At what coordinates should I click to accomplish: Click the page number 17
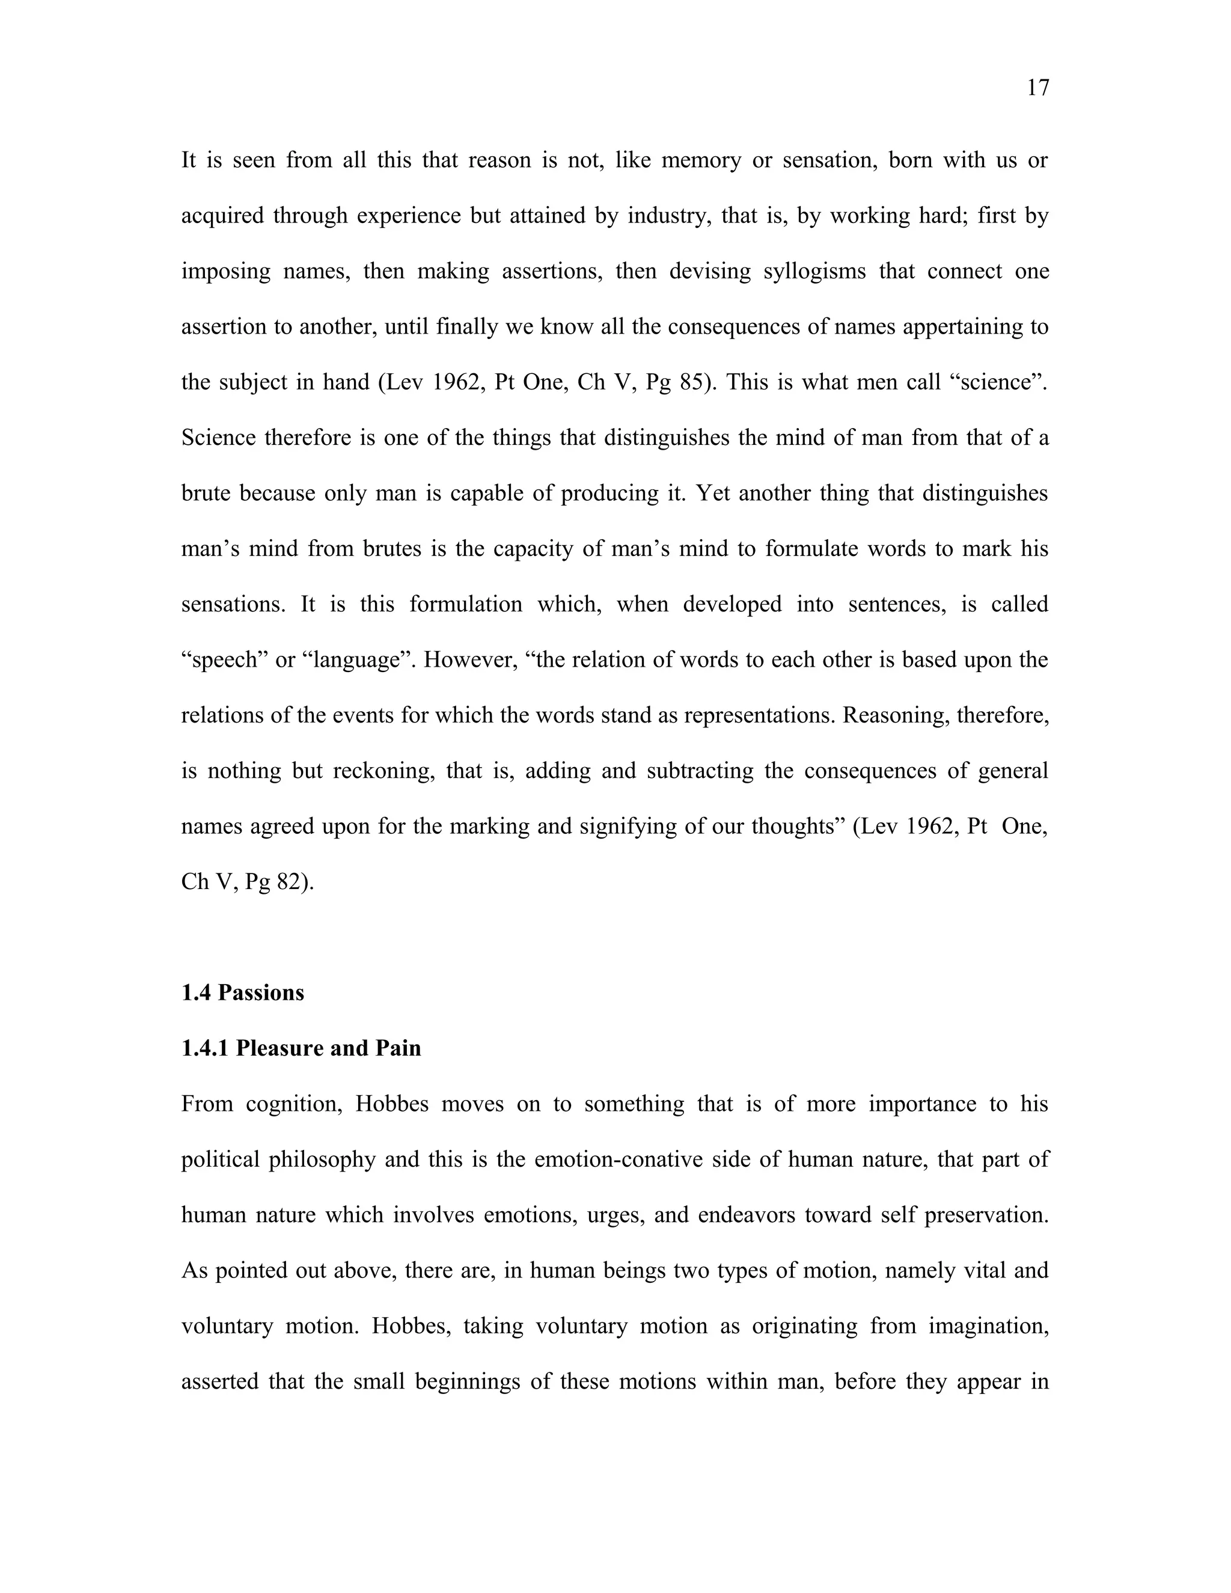(x=1037, y=88)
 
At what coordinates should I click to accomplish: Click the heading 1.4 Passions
(x=242, y=992)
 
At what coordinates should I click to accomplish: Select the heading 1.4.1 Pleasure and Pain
(x=301, y=1048)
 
